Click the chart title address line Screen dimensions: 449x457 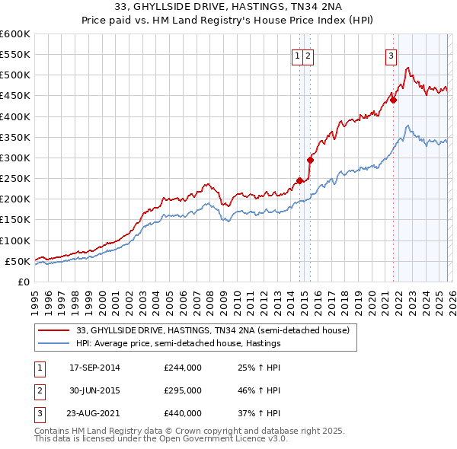click(x=228, y=8)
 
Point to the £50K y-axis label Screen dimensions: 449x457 click(x=18, y=261)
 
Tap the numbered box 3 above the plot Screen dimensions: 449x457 click(x=390, y=55)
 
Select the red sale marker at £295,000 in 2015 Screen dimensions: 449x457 click(x=310, y=160)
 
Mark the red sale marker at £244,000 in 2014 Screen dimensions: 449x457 click(x=299, y=180)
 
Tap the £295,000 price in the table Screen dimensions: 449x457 click(x=182, y=390)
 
